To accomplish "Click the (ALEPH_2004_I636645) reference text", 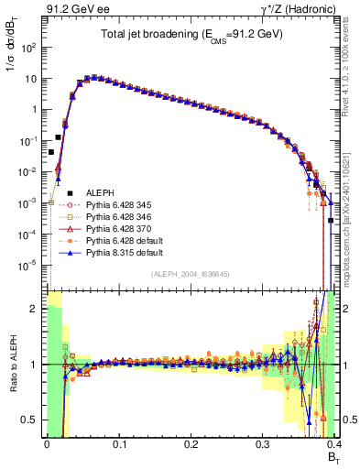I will (190, 275).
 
